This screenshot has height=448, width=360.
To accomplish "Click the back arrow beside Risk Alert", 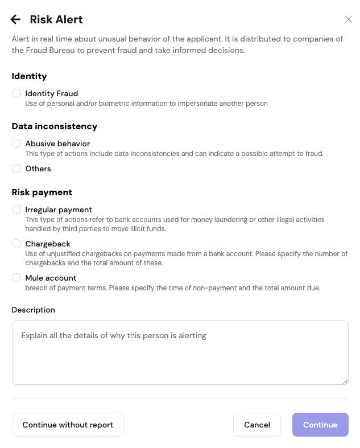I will point(16,19).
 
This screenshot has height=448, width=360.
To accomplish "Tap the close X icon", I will point(349,19).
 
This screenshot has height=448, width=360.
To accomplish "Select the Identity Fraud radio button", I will point(16,93).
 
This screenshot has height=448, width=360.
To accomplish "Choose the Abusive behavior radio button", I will point(16,143).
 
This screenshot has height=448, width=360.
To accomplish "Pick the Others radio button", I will point(16,168).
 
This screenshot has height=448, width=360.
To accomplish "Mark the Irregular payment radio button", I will point(16,209).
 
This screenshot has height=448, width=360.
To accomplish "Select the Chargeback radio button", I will point(16,244).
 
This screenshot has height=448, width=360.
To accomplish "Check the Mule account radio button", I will point(16,278).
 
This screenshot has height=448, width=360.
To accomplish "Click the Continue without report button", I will point(68,425).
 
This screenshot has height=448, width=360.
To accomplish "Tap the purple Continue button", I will point(320,425).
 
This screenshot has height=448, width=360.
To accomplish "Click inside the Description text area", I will point(180,353).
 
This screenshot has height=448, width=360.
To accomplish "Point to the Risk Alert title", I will point(56,19).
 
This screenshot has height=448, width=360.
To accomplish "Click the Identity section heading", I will point(29,76).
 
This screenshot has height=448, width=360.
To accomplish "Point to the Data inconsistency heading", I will point(55,126).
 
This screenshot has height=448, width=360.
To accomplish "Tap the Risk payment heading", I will point(42,192).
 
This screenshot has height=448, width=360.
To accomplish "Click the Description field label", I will point(34,310).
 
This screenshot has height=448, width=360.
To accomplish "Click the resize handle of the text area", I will point(345,381).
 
